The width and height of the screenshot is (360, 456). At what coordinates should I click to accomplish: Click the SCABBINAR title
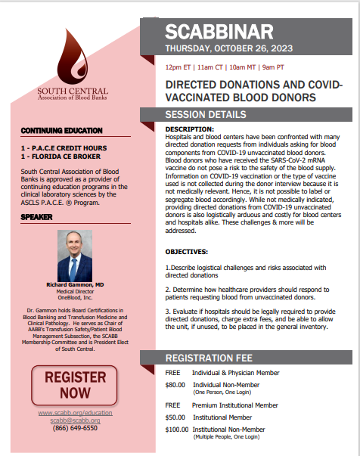(219, 32)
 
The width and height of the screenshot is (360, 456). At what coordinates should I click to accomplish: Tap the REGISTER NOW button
(74, 384)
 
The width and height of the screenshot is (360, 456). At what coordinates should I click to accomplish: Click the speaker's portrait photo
(73, 255)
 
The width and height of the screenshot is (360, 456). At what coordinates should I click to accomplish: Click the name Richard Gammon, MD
(73, 284)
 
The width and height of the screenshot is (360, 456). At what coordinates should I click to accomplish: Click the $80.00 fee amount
(175, 384)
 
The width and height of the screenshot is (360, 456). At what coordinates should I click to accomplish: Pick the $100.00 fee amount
(177, 430)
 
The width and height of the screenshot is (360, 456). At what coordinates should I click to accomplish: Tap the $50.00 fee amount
(175, 417)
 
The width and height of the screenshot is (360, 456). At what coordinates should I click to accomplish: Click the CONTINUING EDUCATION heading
(57, 131)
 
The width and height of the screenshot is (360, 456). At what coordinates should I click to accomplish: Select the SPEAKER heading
(36, 219)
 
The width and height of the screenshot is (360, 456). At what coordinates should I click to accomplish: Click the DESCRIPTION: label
(191, 129)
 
